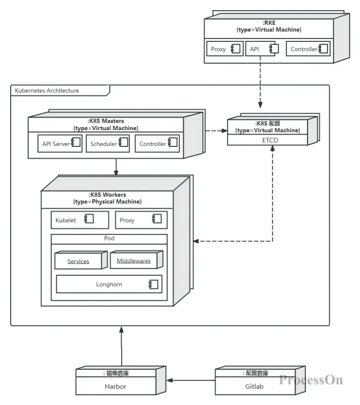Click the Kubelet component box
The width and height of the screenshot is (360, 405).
(x=80, y=220)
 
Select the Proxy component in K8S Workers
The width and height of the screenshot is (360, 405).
(x=141, y=220)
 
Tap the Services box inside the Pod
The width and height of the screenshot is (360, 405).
(x=78, y=261)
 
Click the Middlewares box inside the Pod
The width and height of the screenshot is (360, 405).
(x=134, y=261)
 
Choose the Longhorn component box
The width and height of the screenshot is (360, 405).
(x=109, y=284)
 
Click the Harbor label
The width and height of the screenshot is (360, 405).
(x=115, y=387)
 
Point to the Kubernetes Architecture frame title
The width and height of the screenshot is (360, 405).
(x=47, y=90)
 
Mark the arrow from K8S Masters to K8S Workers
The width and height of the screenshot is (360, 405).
(x=116, y=167)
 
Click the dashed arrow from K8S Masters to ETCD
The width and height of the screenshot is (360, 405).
(x=216, y=131)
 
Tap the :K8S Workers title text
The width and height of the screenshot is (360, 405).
(x=108, y=194)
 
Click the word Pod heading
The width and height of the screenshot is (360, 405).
(x=109, y=239)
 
